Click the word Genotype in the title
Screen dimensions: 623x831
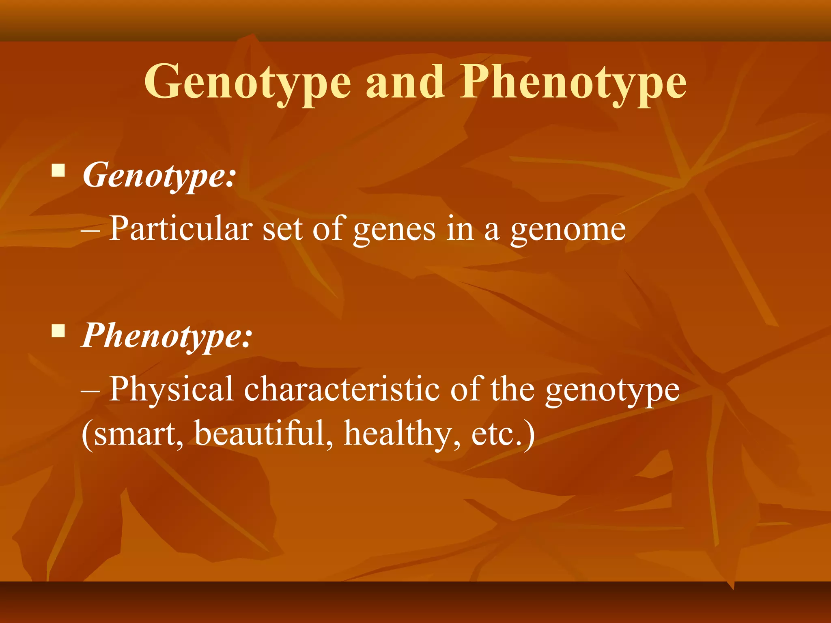pos(247,83)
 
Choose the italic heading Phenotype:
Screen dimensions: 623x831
pos(167,336)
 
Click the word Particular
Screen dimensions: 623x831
pos(181,228)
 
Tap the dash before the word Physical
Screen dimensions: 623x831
pos(90,391)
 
